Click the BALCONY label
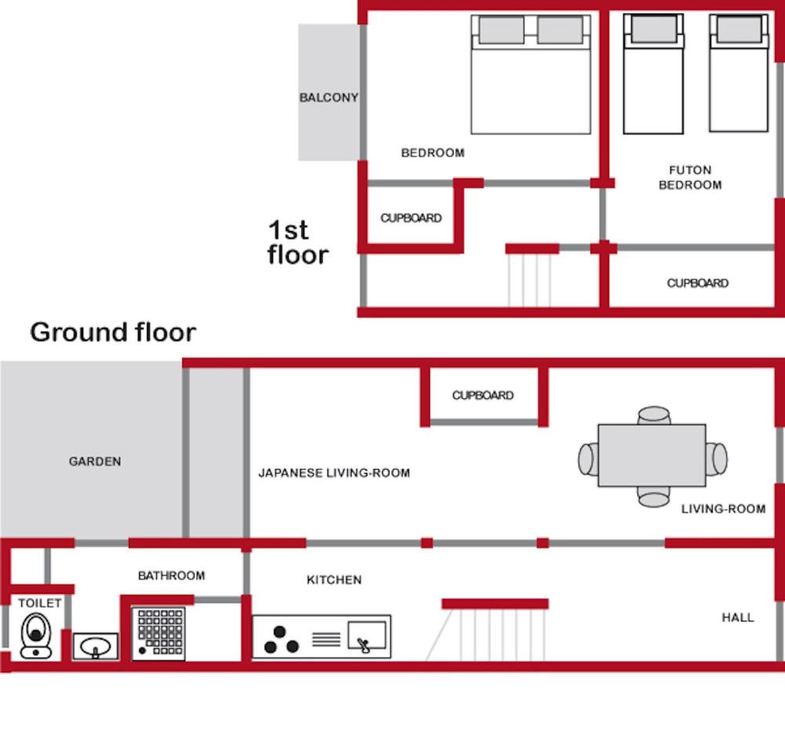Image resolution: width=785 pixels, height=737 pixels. coord(328,97)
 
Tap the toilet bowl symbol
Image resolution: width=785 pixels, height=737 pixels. coord(35,636)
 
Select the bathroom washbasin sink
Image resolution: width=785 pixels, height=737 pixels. coord(96,647)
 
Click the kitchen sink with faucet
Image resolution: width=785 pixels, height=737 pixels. coord(367,637)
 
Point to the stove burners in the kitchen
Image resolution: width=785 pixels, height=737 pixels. coord(281,640)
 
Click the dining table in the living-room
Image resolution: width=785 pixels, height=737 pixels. coord(652,455)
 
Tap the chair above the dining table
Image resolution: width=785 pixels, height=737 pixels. coord(654,416)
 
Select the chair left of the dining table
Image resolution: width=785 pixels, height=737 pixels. coord(588,458)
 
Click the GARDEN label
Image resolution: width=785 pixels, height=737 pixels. coord(95,461)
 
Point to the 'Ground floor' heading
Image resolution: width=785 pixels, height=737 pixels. coord(113,332)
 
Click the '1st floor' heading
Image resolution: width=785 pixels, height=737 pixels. coord(298,242)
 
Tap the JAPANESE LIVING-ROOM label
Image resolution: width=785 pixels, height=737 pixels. coord(334,472)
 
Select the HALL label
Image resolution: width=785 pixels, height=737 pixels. coord(737,618)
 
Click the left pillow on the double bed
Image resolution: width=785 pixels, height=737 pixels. coord(502,30)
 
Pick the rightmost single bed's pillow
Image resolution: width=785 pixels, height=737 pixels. coord(739,29)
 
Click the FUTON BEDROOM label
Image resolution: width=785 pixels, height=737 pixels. coord(690,178)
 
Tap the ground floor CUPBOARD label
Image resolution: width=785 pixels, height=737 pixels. coord(483,395)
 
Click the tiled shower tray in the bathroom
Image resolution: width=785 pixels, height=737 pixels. coord(159,633)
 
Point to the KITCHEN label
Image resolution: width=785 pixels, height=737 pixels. coord(334,580)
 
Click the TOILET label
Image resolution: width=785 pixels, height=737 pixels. coord(39,603)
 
